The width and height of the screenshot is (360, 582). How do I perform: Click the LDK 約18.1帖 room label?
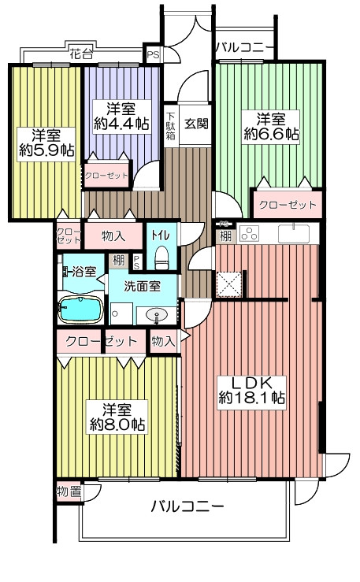coord(251,392)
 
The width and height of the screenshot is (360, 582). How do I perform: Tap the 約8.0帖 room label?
coord(117,417)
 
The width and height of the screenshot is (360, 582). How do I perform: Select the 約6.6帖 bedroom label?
coord(271,127)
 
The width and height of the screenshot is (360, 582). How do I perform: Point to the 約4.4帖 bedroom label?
coord(121,117)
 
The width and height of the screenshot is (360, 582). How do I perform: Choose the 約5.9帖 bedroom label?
coord(46,143)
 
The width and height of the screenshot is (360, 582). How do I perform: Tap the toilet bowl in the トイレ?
coord(161,258)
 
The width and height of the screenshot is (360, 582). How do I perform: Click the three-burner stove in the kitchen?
coord(249,234)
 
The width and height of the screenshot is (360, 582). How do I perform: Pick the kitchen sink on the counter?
coord(294,233)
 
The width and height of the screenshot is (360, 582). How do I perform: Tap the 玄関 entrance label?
coord(196,123)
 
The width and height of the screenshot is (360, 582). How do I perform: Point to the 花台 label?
coord(81,54)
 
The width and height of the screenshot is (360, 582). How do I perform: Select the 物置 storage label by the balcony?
coord(69,491)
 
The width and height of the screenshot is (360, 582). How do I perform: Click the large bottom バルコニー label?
coord(187,506)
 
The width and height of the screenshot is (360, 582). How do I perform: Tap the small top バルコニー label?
coord(244,48)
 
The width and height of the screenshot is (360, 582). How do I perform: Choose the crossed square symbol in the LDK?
coord(229,284)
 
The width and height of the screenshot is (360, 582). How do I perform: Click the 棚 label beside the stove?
coord(225,235)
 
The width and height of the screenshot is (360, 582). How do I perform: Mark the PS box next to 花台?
coord(153,54)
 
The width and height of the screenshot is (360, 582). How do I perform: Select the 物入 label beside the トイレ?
coord(113,235)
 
